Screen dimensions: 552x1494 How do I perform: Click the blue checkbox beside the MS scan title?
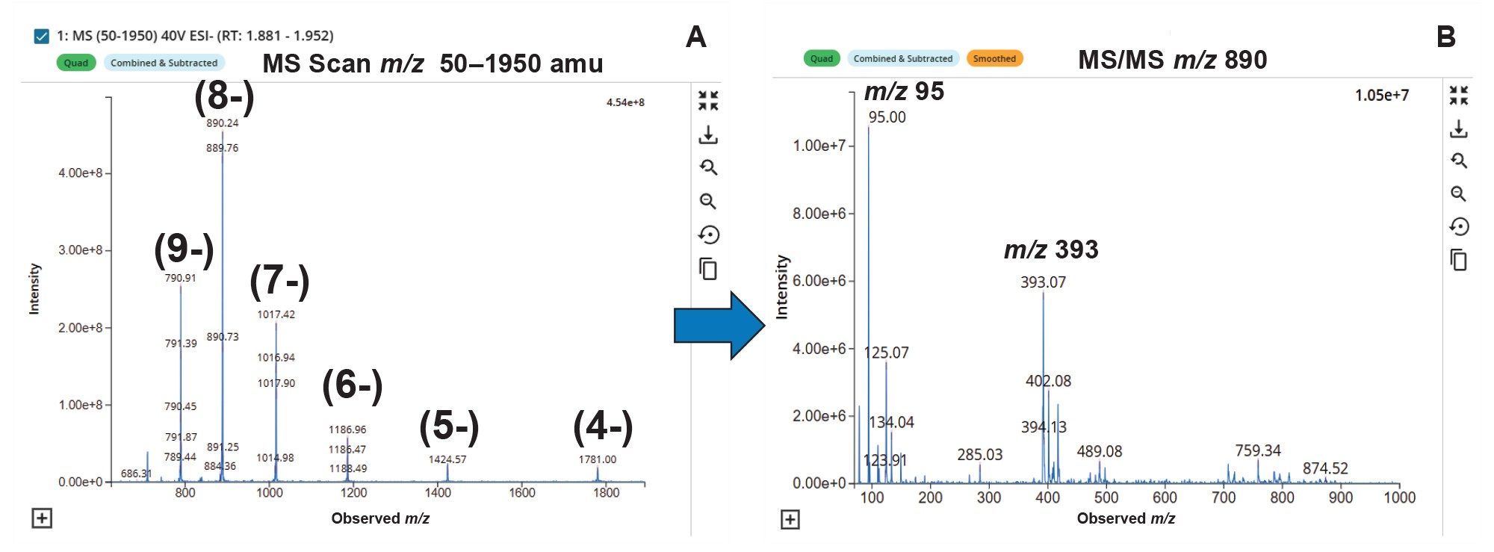[x=42, y=36]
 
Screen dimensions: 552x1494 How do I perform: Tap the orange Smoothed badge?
[x=994, y=58]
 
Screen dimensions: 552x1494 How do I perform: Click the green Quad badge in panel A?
[x=75, y=63]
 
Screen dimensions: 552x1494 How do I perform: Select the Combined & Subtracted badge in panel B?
[x=902, y=58]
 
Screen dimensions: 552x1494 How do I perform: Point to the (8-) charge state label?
[x=224, y=96]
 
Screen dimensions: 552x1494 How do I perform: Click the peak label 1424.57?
[x=447, y=459]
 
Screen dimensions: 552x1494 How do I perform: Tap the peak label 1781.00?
[x=597, y=459]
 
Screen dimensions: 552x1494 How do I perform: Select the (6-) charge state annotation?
[x=352, y=386]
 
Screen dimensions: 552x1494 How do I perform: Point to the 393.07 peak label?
[x=1043, y=282]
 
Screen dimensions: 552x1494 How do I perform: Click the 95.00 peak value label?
[x=887, y=117]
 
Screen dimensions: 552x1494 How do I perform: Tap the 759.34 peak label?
[x=1257, y=450]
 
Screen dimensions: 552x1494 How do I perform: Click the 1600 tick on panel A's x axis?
[x=521, y=492]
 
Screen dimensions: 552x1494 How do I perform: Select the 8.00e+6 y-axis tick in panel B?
[x=819, y=214]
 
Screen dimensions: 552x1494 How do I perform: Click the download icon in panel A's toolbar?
[x=707, y=135]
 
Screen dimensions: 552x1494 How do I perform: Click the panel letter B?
[x=1445, y=37]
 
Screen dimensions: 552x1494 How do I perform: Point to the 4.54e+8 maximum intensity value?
[x=624, y=102]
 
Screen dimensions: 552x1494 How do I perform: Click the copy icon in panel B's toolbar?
[x=1458, y=260]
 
